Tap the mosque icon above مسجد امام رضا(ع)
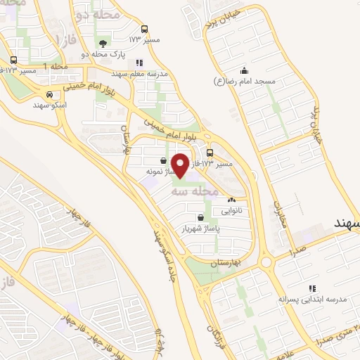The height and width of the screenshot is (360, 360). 244,70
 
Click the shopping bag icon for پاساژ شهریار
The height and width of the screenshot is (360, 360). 202,217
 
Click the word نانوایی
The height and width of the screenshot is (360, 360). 232,210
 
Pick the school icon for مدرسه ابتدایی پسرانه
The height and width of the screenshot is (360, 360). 312,288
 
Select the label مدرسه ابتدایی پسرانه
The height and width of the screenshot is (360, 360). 312,299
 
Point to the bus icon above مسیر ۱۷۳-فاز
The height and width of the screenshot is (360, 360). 210,153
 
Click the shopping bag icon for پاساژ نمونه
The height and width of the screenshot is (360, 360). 163,160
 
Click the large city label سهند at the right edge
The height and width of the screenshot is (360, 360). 345,221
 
